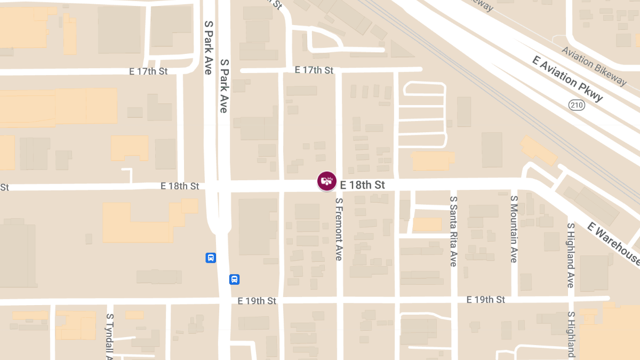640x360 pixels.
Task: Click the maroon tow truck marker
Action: coord(327,181)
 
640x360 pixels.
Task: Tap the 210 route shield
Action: coord(577,105)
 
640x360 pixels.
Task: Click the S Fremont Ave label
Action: coord(338,229)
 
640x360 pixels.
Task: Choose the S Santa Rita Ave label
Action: coord(453,231)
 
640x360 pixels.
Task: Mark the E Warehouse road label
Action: coord(614,244)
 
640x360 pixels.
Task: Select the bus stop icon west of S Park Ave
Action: coord(211,258)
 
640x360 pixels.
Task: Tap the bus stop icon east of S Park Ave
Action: coord(234,279)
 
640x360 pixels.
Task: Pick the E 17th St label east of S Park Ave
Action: coord(314,70)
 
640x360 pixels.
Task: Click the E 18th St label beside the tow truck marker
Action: coord(362,185)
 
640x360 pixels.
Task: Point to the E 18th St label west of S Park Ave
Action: coord(180,186)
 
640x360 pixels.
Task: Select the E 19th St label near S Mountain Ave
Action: coord(485,300)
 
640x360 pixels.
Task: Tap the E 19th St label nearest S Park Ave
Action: coord(257,301)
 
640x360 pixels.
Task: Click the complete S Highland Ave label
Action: coord(570,255)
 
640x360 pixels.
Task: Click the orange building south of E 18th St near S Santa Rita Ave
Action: coord(427,224)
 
